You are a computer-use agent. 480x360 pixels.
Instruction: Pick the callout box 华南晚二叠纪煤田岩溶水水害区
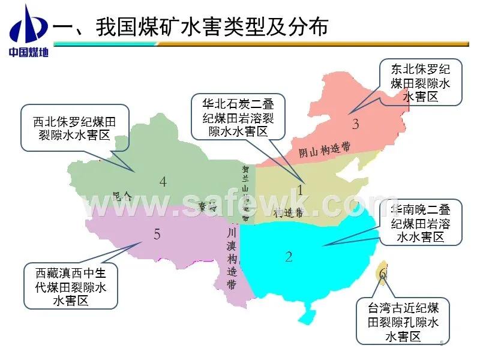click(x=421, y=223)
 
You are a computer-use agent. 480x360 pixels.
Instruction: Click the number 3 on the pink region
click(x=355, y=125)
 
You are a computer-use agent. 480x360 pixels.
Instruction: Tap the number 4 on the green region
click(x=163, y=182)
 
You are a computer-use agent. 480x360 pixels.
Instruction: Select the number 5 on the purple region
click(x=157, y=235)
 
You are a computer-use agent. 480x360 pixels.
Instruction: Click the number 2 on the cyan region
click(x=289, y=257)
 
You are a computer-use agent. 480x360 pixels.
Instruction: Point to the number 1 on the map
click(x=301, y=190)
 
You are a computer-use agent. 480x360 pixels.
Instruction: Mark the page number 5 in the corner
click(x=442, y=343)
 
